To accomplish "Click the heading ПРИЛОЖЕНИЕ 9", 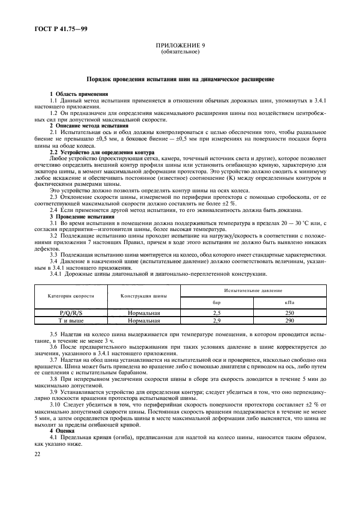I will click(x=180, y=47).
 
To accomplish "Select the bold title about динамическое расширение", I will click(x=180, y=80).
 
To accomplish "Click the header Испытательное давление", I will click(x=251, y=290).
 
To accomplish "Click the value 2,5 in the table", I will click(x=217, y=313).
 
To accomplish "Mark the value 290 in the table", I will click(x=289, y=320).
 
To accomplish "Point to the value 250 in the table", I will click(x=289, y=313).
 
